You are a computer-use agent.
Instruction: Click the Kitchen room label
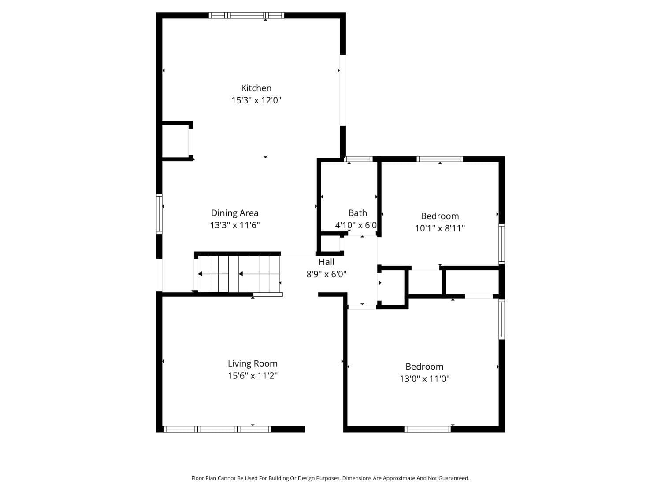256,88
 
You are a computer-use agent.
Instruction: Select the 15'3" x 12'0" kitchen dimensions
256,100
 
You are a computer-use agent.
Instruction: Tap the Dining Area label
234,213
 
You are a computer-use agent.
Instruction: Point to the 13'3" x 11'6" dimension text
234,225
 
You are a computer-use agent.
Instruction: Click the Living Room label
253,363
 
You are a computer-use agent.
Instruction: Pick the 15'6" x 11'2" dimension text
253,376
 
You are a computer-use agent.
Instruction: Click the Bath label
357,213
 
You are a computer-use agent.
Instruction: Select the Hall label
327,262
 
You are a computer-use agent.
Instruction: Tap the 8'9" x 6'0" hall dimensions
327,274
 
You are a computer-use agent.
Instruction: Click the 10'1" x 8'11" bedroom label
440,228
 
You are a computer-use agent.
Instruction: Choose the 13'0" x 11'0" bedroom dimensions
424,379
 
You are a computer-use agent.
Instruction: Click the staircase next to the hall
238,274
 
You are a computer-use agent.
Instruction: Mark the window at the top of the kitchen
246,15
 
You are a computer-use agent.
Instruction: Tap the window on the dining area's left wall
160,214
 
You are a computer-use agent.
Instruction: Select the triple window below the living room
217,429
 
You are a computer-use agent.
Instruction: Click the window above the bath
358,159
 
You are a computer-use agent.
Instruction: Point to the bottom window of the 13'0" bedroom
427,429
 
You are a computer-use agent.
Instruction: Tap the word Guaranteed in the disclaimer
453,478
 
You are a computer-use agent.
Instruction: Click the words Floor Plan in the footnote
202,478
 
